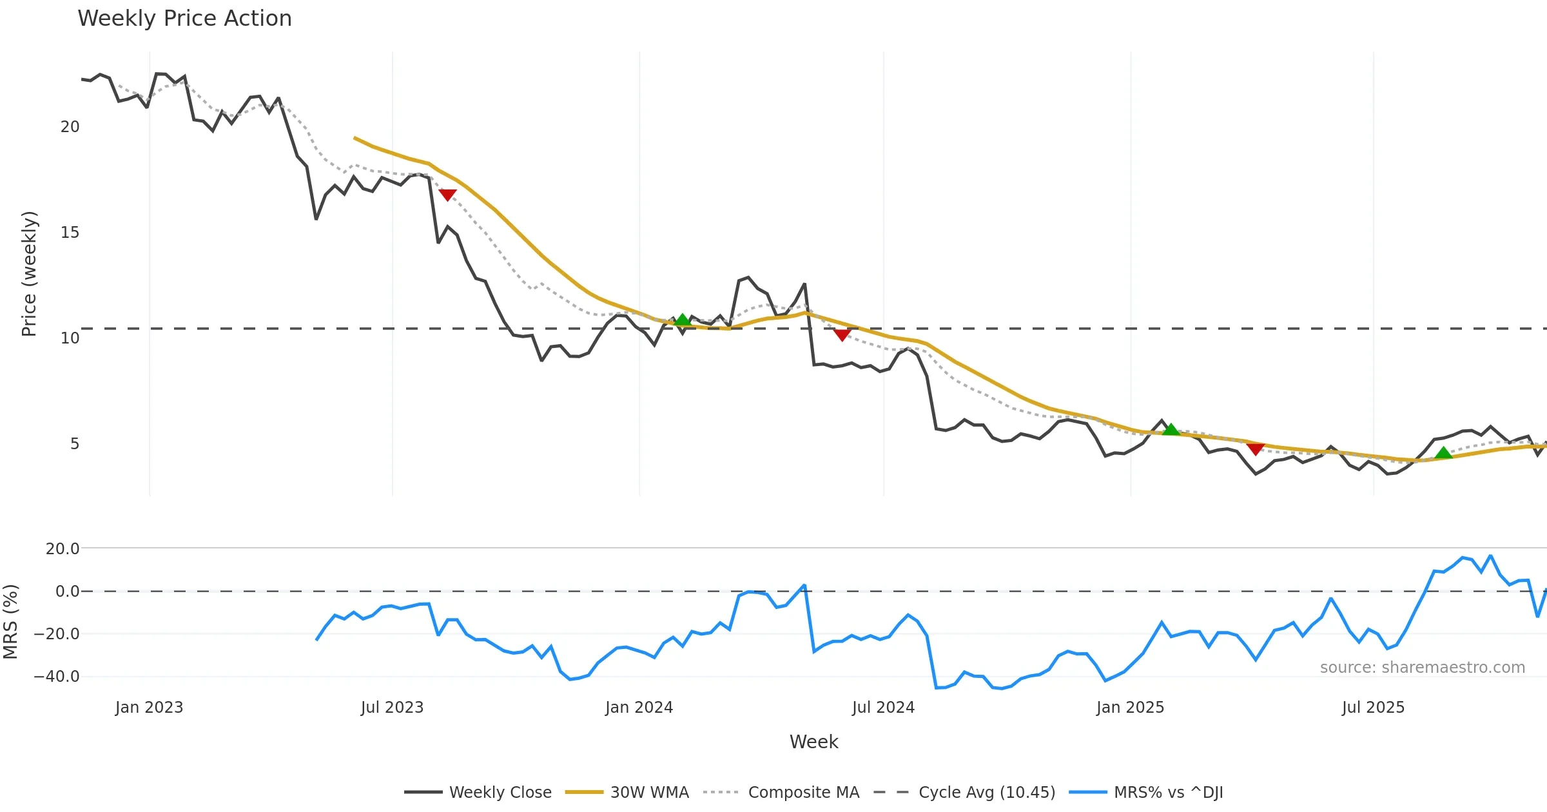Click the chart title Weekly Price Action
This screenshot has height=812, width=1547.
click(184, 19)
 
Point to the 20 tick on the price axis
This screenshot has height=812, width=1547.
click(70, 127)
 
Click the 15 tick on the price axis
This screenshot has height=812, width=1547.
click(70, 233)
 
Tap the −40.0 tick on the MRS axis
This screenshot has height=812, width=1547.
click(57, 677)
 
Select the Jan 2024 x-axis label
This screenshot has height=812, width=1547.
click(639, 708)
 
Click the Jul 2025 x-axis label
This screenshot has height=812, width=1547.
click(1373, 708)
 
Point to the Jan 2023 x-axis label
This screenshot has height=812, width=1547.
click(150, 708)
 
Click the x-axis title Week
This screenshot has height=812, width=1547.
click(813, 742)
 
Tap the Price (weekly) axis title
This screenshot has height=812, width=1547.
click(30, 274)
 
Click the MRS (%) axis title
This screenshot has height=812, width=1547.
click(11, 622)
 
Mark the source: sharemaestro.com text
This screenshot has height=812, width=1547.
click(1422, 668)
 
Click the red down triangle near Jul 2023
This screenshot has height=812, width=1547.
click(447, 195)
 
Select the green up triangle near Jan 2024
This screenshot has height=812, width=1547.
click(682, 320)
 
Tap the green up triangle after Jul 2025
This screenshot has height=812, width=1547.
click(1444, 453)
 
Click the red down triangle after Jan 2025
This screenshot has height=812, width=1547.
click(1255, 449)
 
